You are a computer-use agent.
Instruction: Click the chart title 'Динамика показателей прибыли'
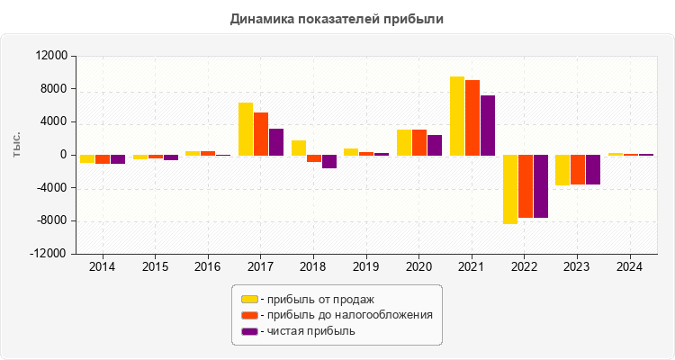coord(337,18)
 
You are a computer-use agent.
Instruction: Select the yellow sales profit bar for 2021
coord(457,115)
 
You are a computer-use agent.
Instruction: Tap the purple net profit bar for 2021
coord(488,125)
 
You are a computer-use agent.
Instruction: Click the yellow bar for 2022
coord(510,189)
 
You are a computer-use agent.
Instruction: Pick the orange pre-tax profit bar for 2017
coord(261,133)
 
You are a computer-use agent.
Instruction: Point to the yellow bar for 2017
coord(246,129)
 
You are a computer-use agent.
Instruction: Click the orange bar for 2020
coord(419,142)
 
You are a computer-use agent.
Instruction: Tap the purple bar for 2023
coord(593,169)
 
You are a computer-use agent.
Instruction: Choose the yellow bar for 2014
coord(87,159)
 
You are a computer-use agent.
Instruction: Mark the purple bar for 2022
coord(541,186)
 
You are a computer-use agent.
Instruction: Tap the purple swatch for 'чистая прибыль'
coord(248,331)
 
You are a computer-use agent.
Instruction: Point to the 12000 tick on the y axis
coord(50,56)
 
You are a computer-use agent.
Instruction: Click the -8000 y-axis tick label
coord(50,221)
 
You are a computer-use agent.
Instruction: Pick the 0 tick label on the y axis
coord(63,155)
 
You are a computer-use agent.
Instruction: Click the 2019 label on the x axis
coord(365,267)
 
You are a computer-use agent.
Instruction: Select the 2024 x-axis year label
coord(629,267)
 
